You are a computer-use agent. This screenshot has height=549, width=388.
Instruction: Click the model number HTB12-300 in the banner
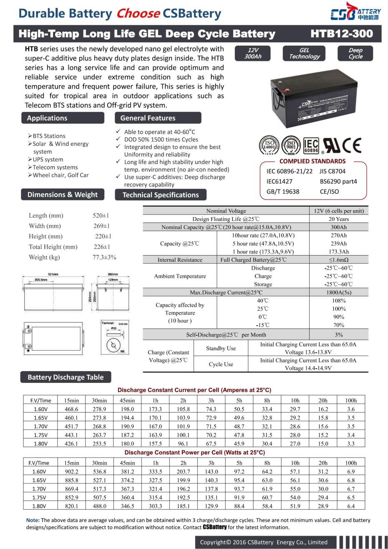(342, 34)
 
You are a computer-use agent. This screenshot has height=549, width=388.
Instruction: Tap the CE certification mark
(352, 146)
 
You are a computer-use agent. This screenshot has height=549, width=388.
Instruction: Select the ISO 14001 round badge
(269, 146)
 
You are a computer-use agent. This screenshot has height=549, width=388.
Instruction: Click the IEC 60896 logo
(311, 146)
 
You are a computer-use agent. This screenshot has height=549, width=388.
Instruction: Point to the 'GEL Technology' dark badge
(305, 53)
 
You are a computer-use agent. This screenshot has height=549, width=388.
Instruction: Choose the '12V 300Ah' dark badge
(253, 53)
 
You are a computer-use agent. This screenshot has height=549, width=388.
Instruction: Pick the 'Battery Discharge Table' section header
(66, 377)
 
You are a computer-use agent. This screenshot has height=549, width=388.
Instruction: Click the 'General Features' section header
(148, 118)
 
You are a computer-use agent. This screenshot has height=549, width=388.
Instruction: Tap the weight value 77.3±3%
(104, 257)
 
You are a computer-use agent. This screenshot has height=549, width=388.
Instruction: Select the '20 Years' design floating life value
(339, 219)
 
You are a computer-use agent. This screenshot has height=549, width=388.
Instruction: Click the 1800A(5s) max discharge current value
(339, 293)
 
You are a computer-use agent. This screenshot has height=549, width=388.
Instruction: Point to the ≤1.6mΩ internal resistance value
(339, 260)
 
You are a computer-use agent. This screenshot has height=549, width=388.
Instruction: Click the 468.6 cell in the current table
(71, 409)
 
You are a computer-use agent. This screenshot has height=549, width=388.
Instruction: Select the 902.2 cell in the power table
(71, 472)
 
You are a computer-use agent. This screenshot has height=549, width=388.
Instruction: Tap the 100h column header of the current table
(351, 400)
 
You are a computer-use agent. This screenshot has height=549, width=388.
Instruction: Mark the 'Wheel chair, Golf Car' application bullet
(61, 175)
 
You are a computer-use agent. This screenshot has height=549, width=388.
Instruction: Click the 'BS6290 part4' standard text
(338, 182)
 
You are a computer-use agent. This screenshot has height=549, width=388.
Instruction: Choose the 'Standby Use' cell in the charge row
(221, 349)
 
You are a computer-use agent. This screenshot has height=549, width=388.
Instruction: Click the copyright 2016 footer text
(264, 542)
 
